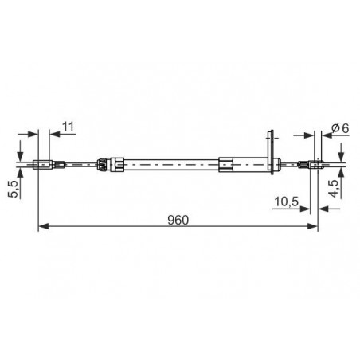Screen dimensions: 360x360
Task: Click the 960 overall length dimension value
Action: (178, 220)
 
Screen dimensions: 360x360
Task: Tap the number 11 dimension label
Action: (68, 127)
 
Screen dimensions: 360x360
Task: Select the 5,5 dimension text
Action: (14, 189)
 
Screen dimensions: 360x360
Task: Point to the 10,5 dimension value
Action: (287, 202)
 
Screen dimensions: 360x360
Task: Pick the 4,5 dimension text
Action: (334, 189)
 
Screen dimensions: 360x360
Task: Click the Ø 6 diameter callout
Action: (340, 128)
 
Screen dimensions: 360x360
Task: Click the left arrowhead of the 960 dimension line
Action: (44, 226)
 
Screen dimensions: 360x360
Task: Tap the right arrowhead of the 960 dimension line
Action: (312, 226)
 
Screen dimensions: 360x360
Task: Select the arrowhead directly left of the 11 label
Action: (55, 134)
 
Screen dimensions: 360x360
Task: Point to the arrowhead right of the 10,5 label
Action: (304, 209)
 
